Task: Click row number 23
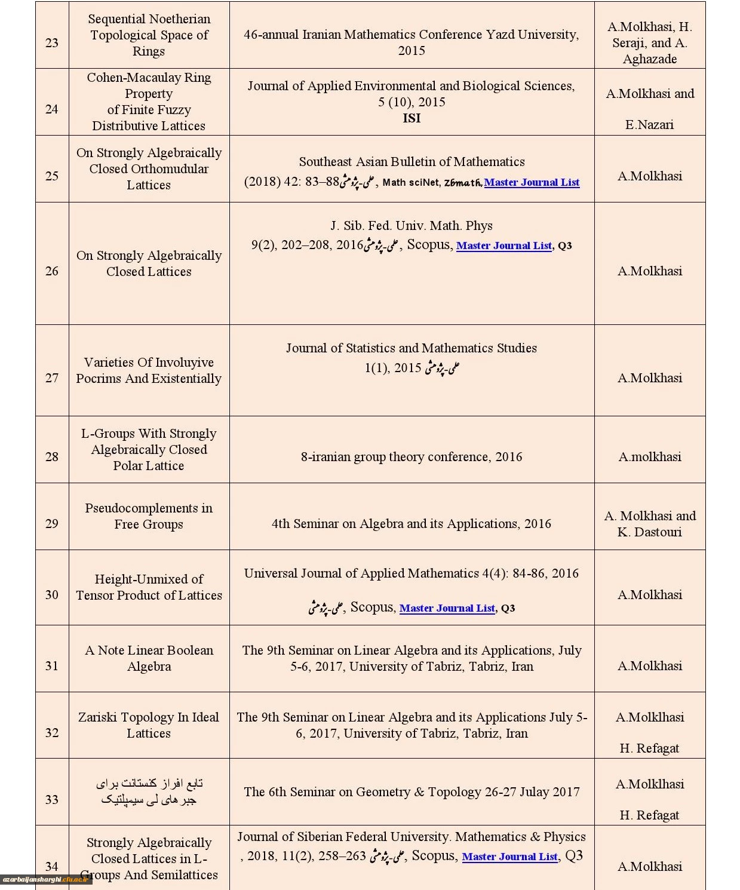coord(52,42)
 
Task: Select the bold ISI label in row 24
coord(412,118)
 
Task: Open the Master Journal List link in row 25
coord(532,182)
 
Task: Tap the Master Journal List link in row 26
coord(504,245)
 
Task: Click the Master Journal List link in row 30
coord(447,608)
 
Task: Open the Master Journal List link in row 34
coord(510,857)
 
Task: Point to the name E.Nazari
coord(649,125)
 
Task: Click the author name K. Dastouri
coord(649,532)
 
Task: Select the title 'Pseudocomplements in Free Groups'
coord(149,516)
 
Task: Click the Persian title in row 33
coord(149,791)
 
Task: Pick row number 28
coord(52,457)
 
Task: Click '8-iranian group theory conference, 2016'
coord(412,457)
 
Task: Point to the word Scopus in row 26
coord(428,245)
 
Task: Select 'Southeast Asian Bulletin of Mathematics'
coord(412,162)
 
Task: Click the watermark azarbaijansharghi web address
coord(47,879)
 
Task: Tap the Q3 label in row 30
coord(508,609)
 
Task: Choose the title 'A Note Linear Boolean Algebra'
coord(149,658)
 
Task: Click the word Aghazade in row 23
coord(649,59)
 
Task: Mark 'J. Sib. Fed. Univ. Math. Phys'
coord(412,226)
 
